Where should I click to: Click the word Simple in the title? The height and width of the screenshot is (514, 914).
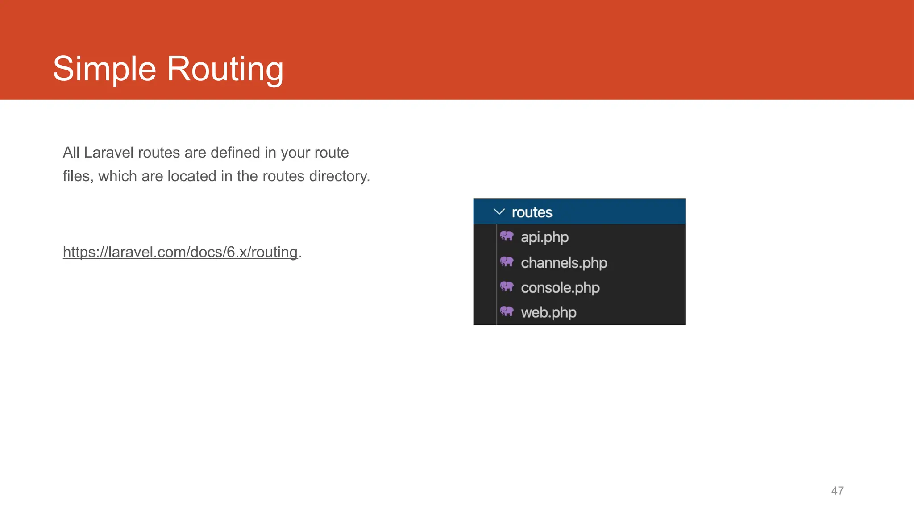[x=104, y=69]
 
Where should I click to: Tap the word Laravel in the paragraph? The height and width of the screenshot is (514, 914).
[x=108, y=153]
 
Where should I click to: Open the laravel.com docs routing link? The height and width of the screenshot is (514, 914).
[x=180, y=252]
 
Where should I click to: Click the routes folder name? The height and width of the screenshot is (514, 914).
[x=532, y=212]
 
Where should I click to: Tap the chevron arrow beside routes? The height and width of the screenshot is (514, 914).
[x=499, y=212]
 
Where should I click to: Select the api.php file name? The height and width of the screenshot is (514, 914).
[x=544, y=237]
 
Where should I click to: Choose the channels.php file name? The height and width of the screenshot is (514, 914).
[x=564, y=263]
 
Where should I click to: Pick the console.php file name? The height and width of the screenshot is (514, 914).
[x=560, y=288]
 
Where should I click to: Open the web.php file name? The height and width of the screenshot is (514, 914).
[x=548, y=312]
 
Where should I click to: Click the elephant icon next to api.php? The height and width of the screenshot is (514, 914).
[x=507, y=236]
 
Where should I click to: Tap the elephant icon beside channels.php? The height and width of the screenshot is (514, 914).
[x=507, y=261]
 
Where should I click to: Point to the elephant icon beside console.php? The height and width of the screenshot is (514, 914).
[x=507, y=286]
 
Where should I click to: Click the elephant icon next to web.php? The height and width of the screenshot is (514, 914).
[x=507, y=311]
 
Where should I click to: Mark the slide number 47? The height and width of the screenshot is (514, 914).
[x=837, y=491]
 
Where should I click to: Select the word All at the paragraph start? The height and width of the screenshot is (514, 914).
[x=71, y=153]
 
